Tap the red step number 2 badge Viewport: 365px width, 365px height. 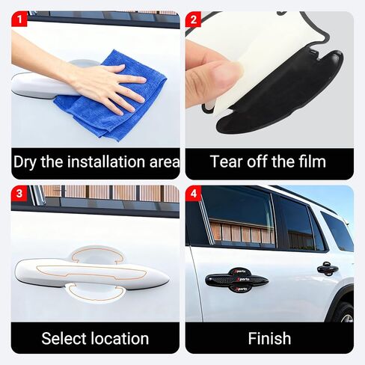[x=193, y=19]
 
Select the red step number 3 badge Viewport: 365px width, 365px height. [x=19, y=194]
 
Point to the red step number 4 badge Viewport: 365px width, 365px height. [x=193, y=194]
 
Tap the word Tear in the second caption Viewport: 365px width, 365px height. [x=226, y=162]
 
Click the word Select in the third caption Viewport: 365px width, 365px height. [x=63, y=338]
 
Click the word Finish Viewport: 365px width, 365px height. [x=269, y=338]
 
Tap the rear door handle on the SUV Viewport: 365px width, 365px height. [x=327, y=269]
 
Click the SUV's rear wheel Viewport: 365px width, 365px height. [x=346, y=314]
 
